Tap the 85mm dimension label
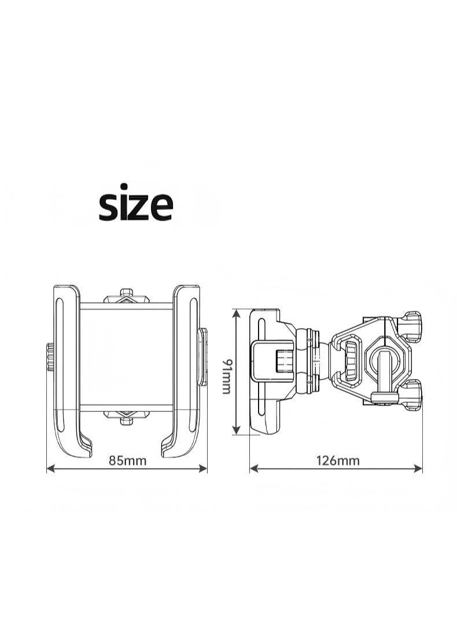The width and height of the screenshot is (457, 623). pyautogui.click(x=128, y=460)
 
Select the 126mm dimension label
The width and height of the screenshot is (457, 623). pyautogui.click(x=338, y=460)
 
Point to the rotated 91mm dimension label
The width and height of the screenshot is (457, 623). pyautogui.click(x=226, y=376)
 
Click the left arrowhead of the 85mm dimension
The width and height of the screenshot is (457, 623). pyautogui.click(x=50, y=469)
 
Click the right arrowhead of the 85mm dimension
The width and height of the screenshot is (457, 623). pyautogui.click(x=204, y=469)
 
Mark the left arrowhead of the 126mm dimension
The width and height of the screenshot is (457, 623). pyautogui.click(x=253, y=469)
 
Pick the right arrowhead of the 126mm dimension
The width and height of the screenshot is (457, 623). pyautogui.click(x=418, y=469)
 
